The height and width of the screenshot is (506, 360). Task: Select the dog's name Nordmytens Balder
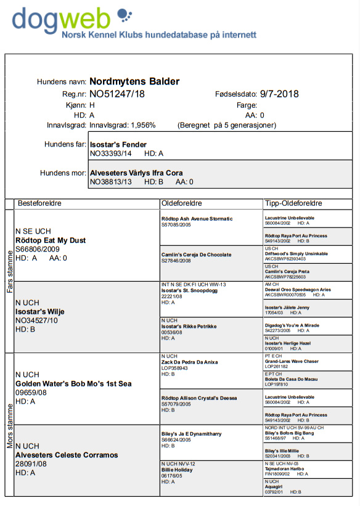(134, 81)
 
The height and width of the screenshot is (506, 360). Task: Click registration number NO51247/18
(117, 94)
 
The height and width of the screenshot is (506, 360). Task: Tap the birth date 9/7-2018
(279, 94)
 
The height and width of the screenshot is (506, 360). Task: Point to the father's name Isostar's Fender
(118, 145)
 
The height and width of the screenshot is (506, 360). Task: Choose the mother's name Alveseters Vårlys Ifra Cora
(136, 173)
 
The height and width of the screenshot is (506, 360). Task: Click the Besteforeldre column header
(39, 203)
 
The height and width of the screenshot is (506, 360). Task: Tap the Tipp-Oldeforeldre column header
(293, 203)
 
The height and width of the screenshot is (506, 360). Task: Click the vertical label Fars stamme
(9, 272)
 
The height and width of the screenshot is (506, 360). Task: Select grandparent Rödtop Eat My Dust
(51, 240)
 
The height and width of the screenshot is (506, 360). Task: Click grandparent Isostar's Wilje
(40, 312)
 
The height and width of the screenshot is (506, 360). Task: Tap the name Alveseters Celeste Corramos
(67, 455)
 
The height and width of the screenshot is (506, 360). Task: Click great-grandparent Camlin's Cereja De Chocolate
(197, 255)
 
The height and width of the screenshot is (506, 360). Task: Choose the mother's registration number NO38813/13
(110, 182)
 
